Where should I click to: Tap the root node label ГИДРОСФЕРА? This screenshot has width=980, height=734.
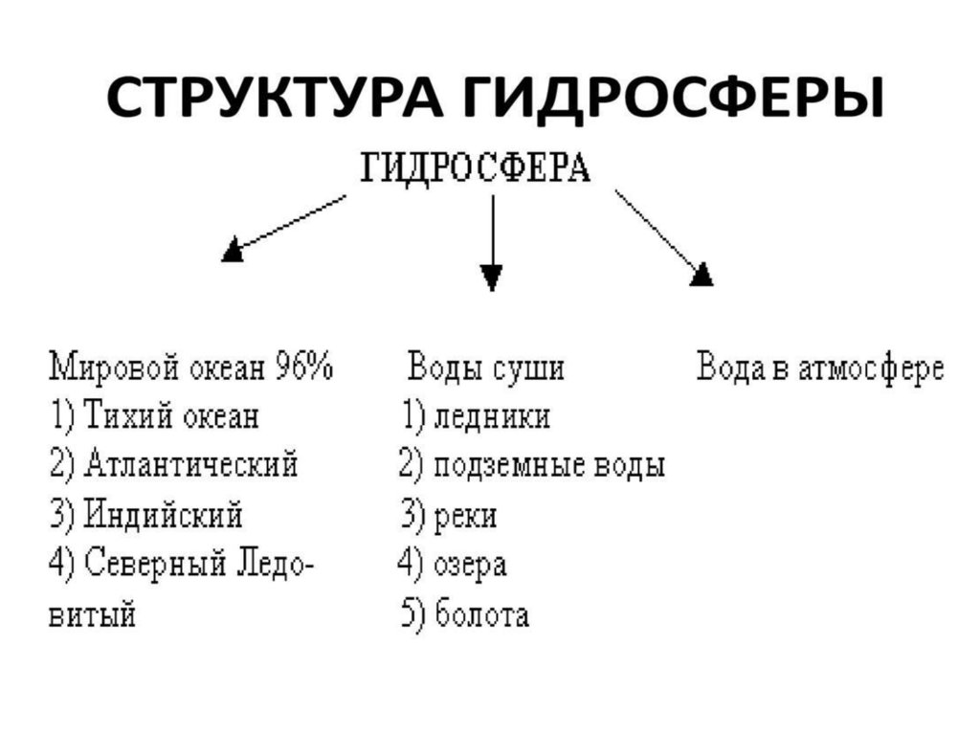tap(477, 169)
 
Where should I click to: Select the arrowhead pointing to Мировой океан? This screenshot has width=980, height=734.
tap(233, 253)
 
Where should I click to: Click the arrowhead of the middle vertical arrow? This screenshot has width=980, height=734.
tap(491, 277)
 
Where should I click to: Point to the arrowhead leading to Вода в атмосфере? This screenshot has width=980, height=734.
tap(702, 275)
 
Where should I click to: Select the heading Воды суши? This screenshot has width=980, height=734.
tap(486, 368)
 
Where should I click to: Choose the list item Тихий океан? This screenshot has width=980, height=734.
tap(171, 417)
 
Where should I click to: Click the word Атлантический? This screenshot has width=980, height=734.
tap(190, 466)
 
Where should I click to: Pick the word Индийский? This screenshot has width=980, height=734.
tap(163, 516)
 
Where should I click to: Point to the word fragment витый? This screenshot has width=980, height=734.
tap(92, 614)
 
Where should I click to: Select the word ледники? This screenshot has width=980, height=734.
tap(492, 417)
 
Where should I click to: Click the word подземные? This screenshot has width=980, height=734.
tap(503, 467)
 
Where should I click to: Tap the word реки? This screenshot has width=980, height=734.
tap(466, 517)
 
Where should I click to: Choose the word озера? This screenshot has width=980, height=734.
tap(470, 565)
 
